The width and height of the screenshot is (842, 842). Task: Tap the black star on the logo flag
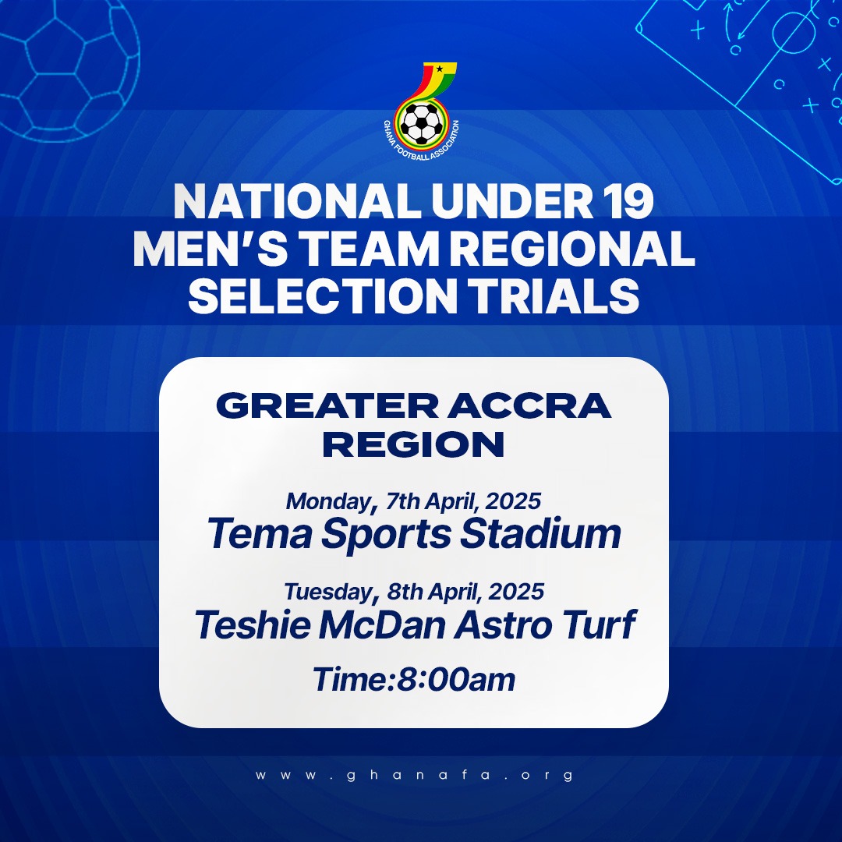click(x=440, y=69)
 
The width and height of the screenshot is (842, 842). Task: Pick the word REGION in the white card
click(x=413, y=445)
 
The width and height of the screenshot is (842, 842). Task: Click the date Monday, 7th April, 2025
click(x=413, y=500)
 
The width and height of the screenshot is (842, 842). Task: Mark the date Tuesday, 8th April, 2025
click(x=413, y=592)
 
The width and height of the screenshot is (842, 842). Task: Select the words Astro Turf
click(x=545, y=625)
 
